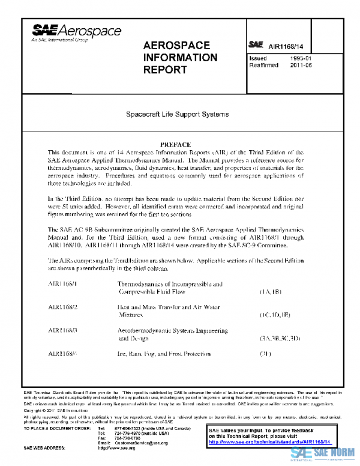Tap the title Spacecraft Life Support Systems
pyautogui.click(x=176, y=113)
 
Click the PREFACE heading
pyautogui.click(x=176, y=145)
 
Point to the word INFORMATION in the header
pyautogui.click(x=181, y=58)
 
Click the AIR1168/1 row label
pyautogui.click(x=63, y=283)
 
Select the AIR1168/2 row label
pyautogui.click(x=63, y=307)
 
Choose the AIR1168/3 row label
pyautogui.click(x=63, y=330)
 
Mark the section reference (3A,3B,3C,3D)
pyautogui.click(x=280, y=338)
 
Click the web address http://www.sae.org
pyautogui.click(x=116, y=448)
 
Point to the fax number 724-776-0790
pyautogui.click(x=128, y=438)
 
